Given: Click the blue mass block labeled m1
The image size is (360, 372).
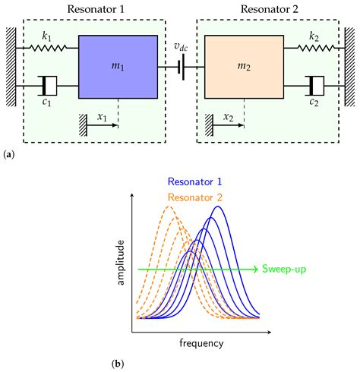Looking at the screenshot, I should coord(118,68).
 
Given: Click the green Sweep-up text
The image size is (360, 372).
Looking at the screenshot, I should coord(283,270).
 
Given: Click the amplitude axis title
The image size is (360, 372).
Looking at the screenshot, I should coord(120,263).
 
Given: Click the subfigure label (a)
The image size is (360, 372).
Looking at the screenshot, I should coord(8,154).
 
